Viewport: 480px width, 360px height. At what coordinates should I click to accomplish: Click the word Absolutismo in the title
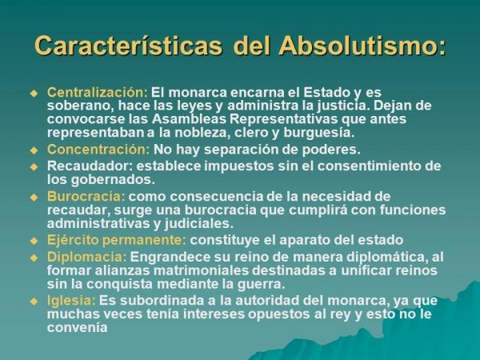click(x=362, y=46)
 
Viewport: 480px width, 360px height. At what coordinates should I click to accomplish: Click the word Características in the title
click(x=128, y=46)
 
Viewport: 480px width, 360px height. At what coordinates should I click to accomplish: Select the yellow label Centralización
click(x=98, y=92)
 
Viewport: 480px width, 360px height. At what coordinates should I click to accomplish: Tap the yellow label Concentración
click(x=98, y=150)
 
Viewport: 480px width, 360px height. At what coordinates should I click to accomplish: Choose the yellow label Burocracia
click(x=86, y=196)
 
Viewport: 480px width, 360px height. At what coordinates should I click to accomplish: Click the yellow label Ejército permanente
click(x=117, y=240)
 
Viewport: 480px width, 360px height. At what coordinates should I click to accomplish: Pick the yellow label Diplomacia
click(x=86, y=257)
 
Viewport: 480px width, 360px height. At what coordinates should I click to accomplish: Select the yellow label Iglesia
click(x=71, y=301)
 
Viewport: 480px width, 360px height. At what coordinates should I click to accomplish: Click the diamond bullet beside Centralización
click(x=34, y=94)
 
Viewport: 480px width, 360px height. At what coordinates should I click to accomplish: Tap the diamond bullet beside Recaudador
click(x=34, y=167)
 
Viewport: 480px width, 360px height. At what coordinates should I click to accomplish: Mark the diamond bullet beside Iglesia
click(x=34, y=302)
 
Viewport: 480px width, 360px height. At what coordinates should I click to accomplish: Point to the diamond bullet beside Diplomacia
click(x=34, y=258)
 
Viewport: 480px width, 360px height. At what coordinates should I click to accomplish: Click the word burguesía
click(x=318, y=133)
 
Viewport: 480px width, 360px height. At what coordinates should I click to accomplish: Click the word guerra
click(x=261, y=285)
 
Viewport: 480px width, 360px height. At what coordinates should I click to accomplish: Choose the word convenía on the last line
click(x=77, y=328)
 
